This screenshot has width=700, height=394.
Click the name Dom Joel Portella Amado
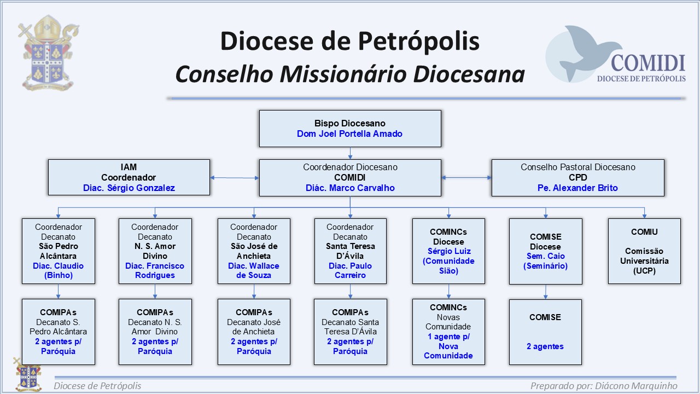point(349,134)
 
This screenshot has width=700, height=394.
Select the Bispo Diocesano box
point(350,129)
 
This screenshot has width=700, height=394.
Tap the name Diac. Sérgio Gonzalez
point(129,188)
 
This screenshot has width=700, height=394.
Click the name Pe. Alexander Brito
point(577,188)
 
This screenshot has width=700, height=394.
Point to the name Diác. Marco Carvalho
point(350,188)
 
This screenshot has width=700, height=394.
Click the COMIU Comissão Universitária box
point(644,251)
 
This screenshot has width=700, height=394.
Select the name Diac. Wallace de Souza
point(254,270)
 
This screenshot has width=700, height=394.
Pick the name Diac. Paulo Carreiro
point(350,270)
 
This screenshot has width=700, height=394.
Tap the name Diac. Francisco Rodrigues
point(155,270)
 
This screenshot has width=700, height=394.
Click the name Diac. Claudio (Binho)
point(58,270)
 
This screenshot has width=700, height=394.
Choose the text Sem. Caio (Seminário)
point(546,261)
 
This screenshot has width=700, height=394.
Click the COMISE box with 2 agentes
point(545,332)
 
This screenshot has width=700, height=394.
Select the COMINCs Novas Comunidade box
point(448,332)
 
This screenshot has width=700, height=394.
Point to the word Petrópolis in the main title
point(418,41)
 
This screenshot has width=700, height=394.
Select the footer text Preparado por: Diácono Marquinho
point(604,386)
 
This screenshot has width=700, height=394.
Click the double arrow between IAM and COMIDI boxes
point(235,178)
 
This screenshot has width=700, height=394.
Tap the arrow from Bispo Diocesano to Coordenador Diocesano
point(350,153)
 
